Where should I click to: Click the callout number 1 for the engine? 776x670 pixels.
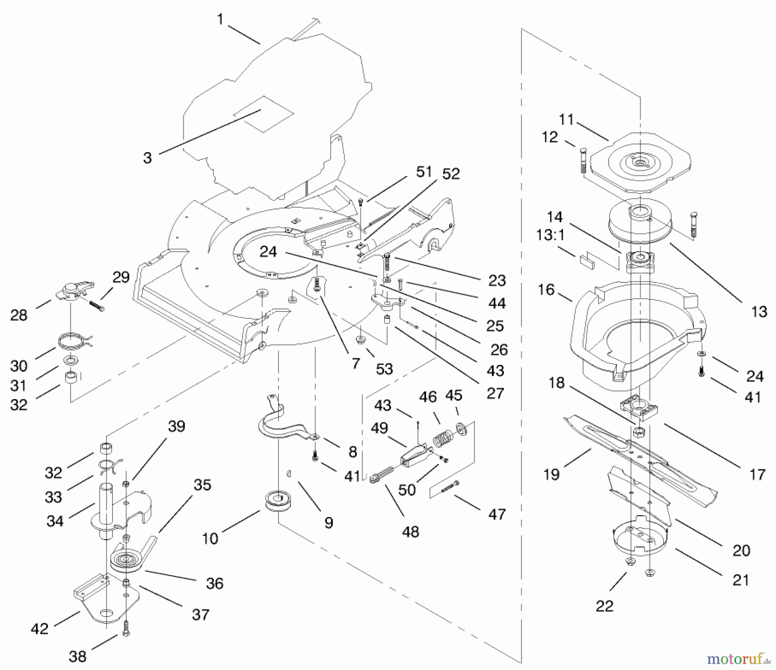[x=220, y=19]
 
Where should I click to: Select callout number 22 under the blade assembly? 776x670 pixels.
[x=604, y=606]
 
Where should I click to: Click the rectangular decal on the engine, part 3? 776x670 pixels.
[x=263, y=114]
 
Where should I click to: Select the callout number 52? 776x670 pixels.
[x=451, y=174]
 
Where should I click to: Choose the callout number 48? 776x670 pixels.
[x=410, y=532]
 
